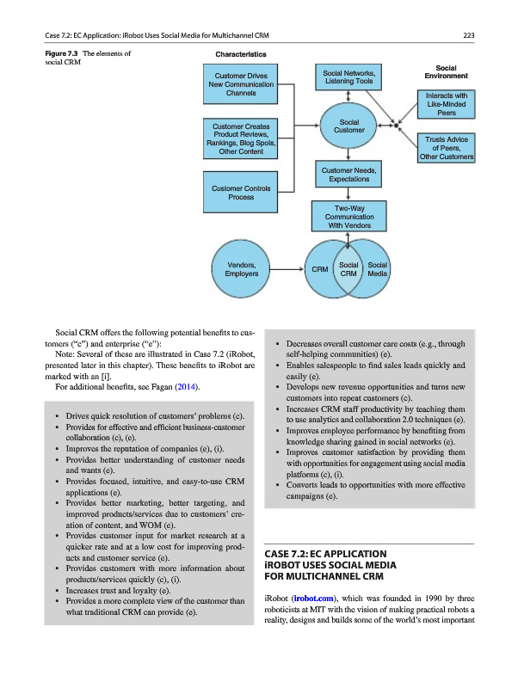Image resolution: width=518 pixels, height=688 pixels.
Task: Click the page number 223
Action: tap(469, 34)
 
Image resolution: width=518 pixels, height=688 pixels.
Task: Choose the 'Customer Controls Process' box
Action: tap(241, 193)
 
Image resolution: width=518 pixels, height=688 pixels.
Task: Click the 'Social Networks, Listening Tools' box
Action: tap(348, 77)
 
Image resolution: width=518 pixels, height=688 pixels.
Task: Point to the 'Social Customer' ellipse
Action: tap(348, 126)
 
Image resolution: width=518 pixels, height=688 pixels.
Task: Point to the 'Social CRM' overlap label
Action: tap(348, 269)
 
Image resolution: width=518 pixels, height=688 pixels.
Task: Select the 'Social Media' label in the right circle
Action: tap(378, 269)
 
